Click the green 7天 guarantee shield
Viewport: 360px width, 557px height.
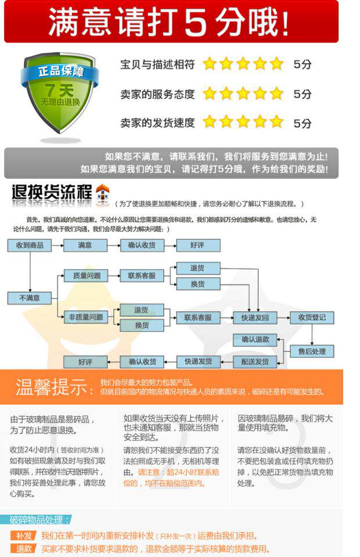click(x=60, y=93)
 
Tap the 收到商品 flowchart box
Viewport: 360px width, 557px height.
click(x=30, y=245)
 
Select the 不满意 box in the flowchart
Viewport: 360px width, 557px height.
click(x=30, y=298)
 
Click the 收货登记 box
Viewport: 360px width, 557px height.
click(x=312, y=317)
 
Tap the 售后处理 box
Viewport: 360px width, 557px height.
click(x=312, y=351)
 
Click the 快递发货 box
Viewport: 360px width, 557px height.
click(x=199, y=361)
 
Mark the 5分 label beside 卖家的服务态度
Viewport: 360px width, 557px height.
click(x=303, y=94)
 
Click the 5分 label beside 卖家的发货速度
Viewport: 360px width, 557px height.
click(x=303, y=123)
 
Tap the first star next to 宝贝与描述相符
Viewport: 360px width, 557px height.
click(x=209, y=64)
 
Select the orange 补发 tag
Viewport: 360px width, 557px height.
click(x=24, y=536)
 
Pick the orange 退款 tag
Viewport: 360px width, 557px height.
click(x=24, y=549)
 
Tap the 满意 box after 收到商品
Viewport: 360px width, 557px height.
click(x=85, y=245)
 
